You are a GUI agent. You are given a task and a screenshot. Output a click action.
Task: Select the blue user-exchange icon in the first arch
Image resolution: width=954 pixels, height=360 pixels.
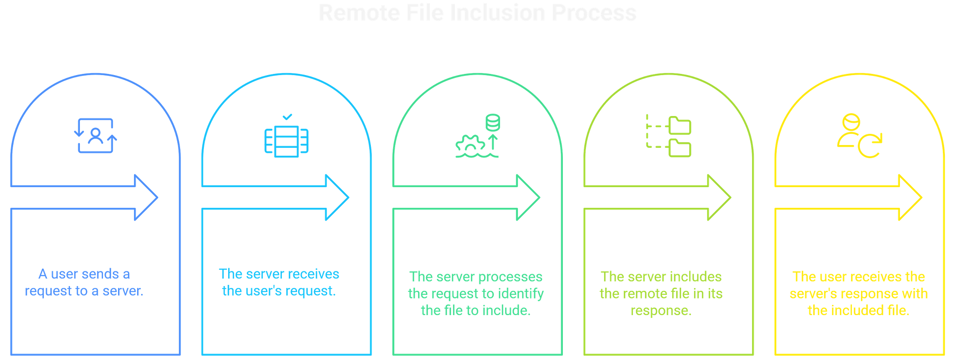tap(95, 135)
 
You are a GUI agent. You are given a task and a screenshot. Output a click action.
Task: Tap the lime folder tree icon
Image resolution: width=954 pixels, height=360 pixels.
tap(669, 136)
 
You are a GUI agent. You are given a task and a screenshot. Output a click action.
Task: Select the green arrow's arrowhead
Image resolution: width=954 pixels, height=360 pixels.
tap(528, 197)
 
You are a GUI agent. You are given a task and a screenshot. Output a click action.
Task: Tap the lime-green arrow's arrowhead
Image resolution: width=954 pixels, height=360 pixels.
tap(719, 197)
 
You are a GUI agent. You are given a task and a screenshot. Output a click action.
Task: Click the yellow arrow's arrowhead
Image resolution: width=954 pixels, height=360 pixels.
tap(910, 197)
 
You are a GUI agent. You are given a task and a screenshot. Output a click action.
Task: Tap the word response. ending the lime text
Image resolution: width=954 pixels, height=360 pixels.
tap(661, 311)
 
